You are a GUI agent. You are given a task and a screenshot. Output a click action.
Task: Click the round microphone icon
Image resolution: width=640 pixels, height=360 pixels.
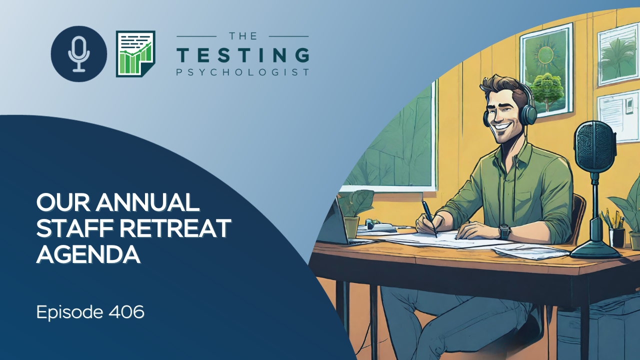click(x=79, y=54)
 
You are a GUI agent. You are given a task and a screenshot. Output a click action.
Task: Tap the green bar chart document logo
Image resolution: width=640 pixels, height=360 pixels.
click(x=135, y=53)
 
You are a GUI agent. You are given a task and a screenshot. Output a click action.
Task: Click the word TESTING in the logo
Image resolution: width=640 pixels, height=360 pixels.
click(x=243, y=55)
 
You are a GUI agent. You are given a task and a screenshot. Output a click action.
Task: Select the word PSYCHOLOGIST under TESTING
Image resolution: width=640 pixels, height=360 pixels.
click(x=243, y=72)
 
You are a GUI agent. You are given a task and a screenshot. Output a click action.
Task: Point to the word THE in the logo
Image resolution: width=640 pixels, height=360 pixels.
click(x=243, y=36)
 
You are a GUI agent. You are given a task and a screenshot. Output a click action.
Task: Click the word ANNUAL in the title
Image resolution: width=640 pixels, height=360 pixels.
click(x=147, y=202)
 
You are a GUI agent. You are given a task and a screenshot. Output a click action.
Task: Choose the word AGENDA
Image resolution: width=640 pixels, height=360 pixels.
click(x=88, y=254)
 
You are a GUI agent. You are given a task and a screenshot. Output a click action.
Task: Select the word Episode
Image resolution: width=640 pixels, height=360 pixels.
click(x=69, y=312)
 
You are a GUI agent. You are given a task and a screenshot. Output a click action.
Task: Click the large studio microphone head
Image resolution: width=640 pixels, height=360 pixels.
click(x=595, y=145)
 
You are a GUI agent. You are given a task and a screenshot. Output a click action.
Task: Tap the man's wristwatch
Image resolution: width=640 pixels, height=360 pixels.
click(x=504, y=231)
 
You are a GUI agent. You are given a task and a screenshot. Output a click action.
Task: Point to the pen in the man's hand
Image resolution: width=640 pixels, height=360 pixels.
click(x=429, y=218)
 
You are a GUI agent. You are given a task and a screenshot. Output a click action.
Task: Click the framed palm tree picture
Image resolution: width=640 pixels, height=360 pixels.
click(x=618, y=55)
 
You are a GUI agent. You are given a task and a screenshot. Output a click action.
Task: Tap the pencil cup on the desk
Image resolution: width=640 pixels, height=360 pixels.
click(x=616, y=237)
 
